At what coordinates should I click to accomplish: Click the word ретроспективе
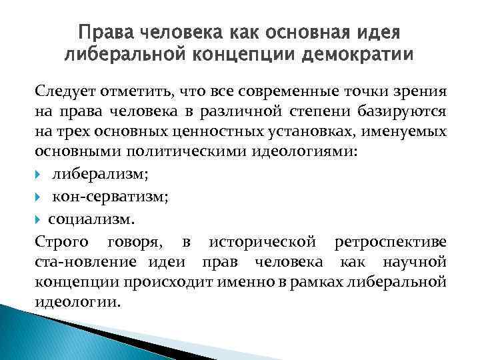pyautogui.click(x=397, y=241)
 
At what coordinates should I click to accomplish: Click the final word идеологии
pyautogui.click(x=77, y=303)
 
